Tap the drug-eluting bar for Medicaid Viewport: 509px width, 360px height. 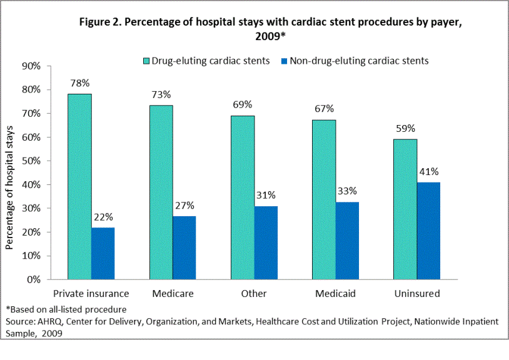click(323, 199)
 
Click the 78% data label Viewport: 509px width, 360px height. click(80, 83)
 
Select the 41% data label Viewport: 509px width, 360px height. click(428, 172)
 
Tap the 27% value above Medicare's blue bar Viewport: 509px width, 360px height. click(184, 205)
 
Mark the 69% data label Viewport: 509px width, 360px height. click(242, 104)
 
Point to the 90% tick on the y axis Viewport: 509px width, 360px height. click(31, 66)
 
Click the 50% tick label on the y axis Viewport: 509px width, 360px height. click(31, 161)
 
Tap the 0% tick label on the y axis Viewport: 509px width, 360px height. click(34, 279)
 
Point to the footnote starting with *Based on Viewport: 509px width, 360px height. click(66, 309)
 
